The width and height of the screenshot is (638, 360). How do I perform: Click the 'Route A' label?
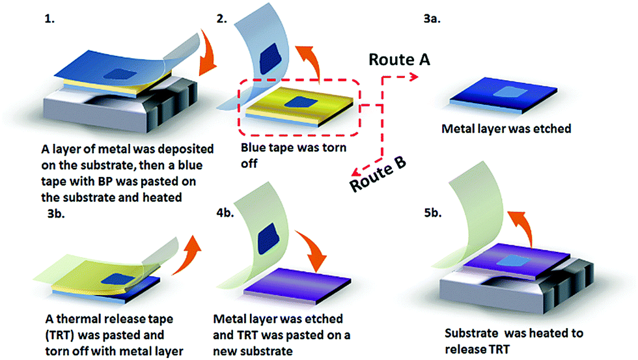399,59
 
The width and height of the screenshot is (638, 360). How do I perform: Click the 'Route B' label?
378,174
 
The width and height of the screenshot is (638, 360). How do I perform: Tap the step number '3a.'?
432,19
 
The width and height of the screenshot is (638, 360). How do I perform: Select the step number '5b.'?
433,213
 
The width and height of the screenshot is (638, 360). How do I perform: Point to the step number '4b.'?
225,213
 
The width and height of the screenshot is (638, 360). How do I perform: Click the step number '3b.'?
56,214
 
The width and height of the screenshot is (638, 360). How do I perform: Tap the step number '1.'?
49,19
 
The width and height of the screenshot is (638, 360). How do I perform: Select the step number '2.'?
222,19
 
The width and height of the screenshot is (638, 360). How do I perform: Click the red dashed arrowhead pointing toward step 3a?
414,76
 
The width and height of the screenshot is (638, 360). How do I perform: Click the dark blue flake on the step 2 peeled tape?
271,58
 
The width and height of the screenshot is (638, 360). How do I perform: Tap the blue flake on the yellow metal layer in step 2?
301,102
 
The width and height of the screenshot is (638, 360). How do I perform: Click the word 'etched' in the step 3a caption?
552,128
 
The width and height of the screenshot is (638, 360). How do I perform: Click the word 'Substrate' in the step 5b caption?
471,333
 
